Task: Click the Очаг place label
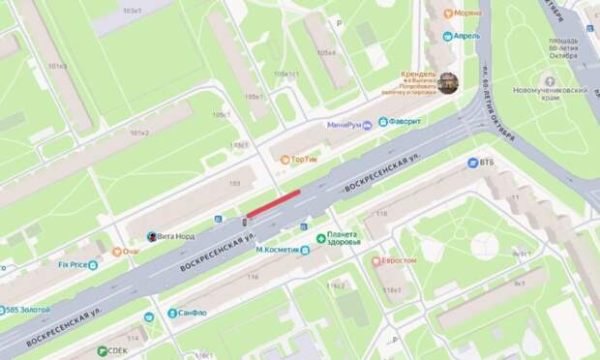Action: click(x=129, y=252)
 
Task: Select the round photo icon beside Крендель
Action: click(x=447, y=83)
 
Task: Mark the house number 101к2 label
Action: click(x=139, y=133)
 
